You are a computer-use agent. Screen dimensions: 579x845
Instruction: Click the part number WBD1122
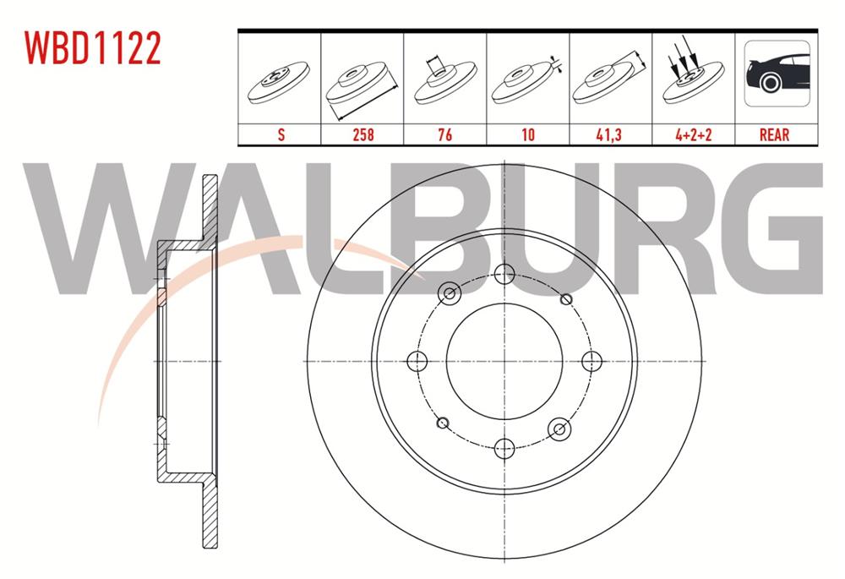pyautogui.click(x=92, y=49)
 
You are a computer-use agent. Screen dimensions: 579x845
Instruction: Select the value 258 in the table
pyautogui.click(x=363, y=134)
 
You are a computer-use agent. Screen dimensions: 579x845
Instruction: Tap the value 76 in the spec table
pyautogui.click(x=445, y=134)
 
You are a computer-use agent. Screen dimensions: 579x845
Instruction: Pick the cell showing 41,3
pyautogui.click(x=610, y=134)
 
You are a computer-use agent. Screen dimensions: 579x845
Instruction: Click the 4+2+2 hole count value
pyautogui.click(x=692, y=134)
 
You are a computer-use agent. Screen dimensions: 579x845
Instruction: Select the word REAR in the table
pyautogui.click(x=774, y=134)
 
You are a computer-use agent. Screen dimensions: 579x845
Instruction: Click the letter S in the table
pyautogui.click(x=279, y=134)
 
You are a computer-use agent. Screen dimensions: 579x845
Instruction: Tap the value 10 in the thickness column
pyautogui.click(x=528, y=134)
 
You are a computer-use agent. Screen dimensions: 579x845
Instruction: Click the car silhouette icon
pyautogui.click(x=776, y=75)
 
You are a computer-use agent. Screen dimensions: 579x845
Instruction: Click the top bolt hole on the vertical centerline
pyautogui.click(x=504, y=273)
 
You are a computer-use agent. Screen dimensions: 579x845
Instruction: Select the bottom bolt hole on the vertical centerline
pyautogui.click(x=504, y=449)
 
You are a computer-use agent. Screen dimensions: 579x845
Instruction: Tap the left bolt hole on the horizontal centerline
pyautogui.click(x=417, y=361)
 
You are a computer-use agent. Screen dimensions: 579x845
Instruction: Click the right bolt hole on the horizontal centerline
pyautogui.click(x=592, y=361)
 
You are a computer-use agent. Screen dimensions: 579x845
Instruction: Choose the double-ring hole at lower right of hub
pyautogui.click(x=559, y=429)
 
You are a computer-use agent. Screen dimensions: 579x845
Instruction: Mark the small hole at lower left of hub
pyautogui.click(x=443, y=423)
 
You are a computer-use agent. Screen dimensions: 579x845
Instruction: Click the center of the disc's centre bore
pyautogui.click(x=504, y=361)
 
